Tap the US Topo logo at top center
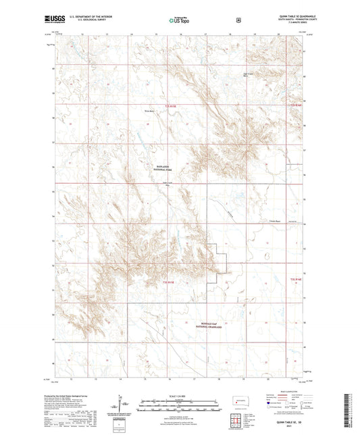(178, 20)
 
